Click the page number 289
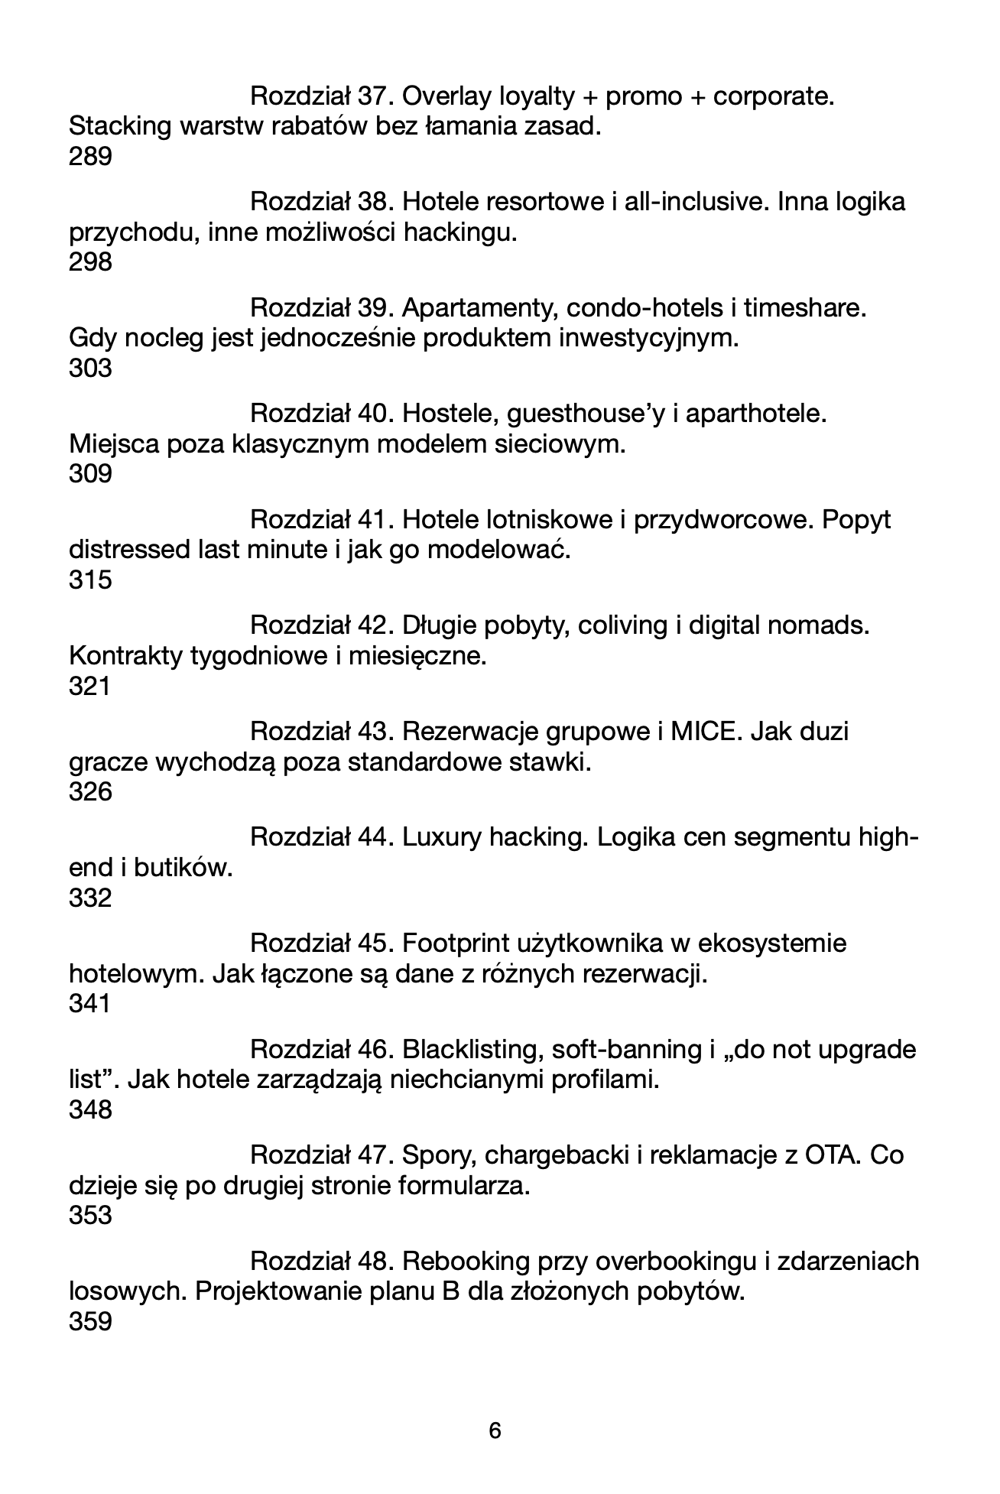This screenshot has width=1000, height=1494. (x=90, y=157)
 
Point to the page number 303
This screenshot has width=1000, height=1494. (x=90, y=369)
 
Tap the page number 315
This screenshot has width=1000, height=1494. (x=90, y=580)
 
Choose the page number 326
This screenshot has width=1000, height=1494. (x=90, y=792)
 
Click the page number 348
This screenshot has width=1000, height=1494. (x=90, y=1109)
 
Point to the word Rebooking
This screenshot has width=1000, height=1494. (x=466, y=1262)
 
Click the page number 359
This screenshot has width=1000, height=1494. (x=90, y=1322)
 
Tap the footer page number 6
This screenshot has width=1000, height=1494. (x=495, y=1430)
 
